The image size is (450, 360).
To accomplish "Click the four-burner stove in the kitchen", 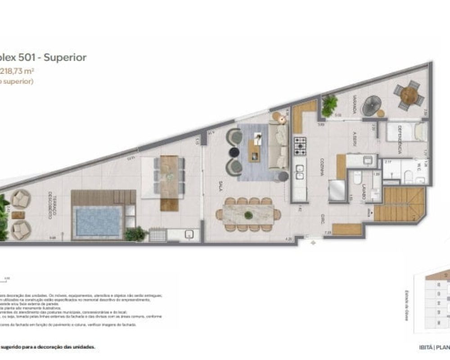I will pos(300,146).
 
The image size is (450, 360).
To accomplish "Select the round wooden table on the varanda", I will pos(409,94).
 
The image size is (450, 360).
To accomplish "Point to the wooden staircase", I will pos(399,205).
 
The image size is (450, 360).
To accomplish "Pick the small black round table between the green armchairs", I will pos(234,152).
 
